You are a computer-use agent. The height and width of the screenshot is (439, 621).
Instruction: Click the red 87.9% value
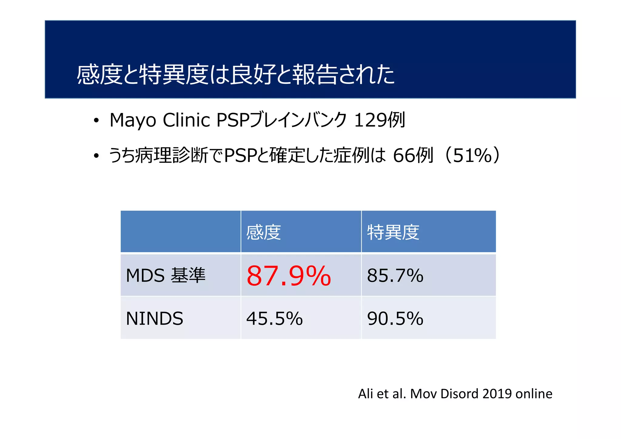click(288, 276)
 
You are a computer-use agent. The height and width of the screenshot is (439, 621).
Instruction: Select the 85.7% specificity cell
click(395, 276)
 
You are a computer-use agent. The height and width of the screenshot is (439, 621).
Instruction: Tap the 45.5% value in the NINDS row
click(274, 319)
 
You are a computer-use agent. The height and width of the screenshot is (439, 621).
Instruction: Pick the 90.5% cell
click(395, 319)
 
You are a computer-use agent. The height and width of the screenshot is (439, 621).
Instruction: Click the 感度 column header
click(264, 232)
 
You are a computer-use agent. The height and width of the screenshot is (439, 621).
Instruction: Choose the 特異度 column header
click(393, 232)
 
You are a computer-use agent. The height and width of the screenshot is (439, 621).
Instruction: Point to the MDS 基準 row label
click(166, 276)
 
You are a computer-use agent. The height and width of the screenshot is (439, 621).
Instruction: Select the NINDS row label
click(154, 319)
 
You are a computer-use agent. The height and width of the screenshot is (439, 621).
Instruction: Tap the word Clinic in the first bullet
click(186, 120)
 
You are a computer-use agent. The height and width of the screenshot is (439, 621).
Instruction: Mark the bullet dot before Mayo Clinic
click(96, 121)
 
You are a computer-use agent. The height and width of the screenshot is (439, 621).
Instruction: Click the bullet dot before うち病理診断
click(96, 156)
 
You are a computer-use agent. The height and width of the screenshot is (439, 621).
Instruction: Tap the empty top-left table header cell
click(180, 232)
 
